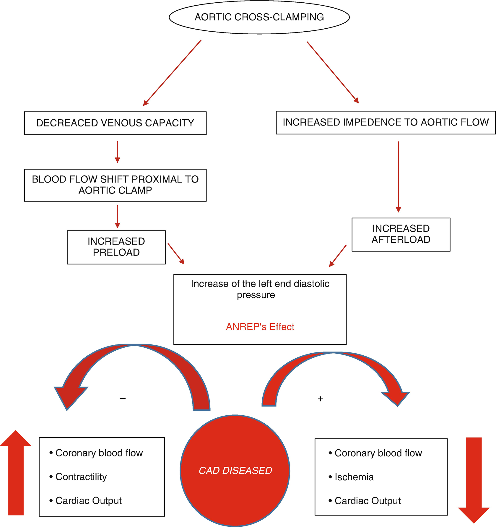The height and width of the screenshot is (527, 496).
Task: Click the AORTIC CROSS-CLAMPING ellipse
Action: [259, 17]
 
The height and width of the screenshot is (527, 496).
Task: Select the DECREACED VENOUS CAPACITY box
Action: [115, 123]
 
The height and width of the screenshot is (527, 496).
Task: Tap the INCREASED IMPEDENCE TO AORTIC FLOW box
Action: [386, 122]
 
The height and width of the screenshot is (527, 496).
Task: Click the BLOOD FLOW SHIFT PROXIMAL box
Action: [115, 185]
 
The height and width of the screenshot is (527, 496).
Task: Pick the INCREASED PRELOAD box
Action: [116, 247]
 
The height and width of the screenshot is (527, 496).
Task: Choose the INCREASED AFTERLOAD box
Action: [401, 234]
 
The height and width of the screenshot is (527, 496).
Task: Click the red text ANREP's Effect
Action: [260, 327]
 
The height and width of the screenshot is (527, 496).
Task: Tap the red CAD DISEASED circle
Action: [235, 470]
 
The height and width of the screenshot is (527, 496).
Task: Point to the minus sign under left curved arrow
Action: [123, 398]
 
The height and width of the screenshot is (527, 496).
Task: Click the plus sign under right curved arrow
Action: [320, 399]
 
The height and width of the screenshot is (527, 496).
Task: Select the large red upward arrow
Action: [16, 473]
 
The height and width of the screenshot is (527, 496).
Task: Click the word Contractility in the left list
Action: [81, 476]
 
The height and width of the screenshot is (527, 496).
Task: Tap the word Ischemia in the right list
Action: [354, 477]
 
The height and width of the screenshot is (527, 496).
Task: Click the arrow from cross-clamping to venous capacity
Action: [172, 73]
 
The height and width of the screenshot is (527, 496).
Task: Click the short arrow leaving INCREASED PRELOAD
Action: [176, 254]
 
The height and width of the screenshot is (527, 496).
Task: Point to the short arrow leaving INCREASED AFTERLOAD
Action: [338, 256]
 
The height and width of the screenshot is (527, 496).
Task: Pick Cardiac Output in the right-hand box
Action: [367, 501]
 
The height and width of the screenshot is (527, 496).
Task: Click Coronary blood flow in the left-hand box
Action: [99, 453]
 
